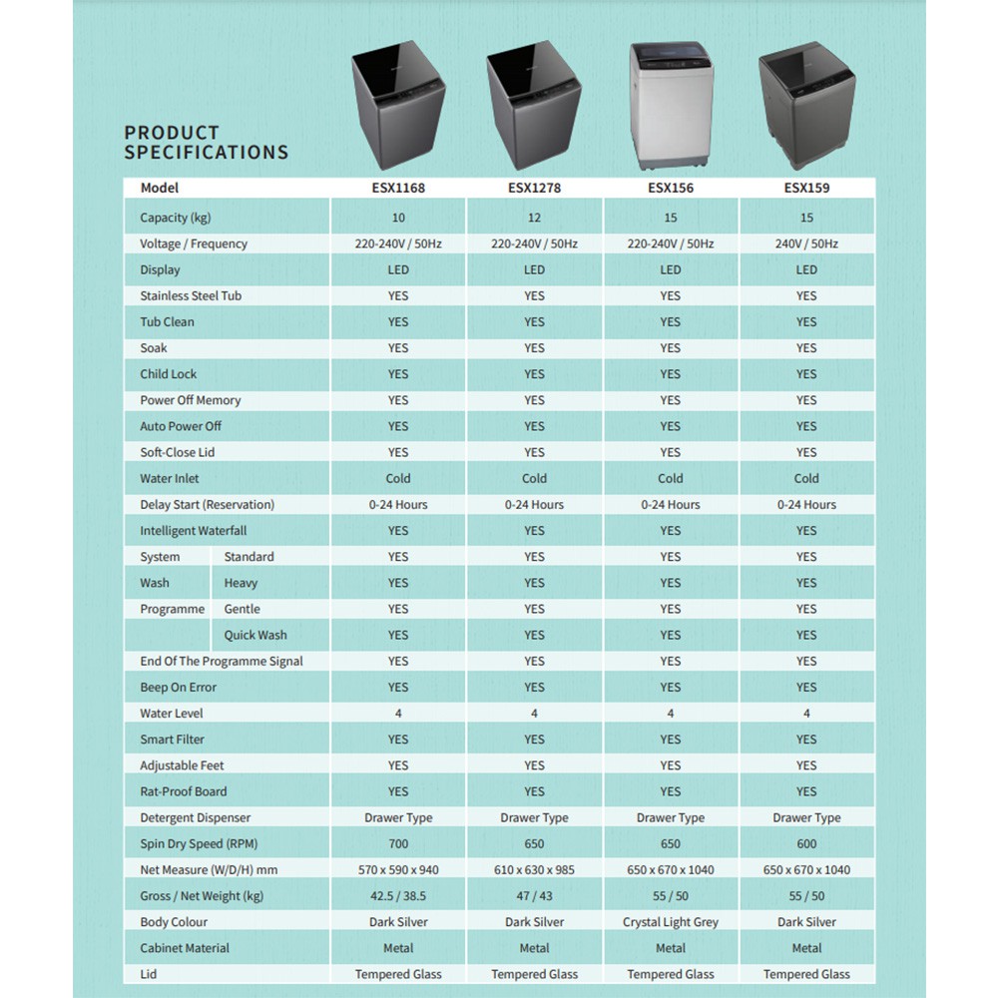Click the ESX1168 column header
398,188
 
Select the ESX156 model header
671,188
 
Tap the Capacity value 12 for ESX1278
534,218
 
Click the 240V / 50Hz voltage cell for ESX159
806,244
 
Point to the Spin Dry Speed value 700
398,843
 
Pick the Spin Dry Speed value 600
806,843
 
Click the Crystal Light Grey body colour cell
671,922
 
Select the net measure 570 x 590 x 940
398,869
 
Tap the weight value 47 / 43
534,896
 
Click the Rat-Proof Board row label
184,791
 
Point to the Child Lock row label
169,374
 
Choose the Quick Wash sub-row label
255,635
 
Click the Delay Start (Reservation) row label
207,505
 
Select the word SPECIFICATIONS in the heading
207,153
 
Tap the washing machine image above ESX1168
398,110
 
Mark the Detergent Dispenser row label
196,817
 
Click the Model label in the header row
160,188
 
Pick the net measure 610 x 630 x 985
534,869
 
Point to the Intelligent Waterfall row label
194,531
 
